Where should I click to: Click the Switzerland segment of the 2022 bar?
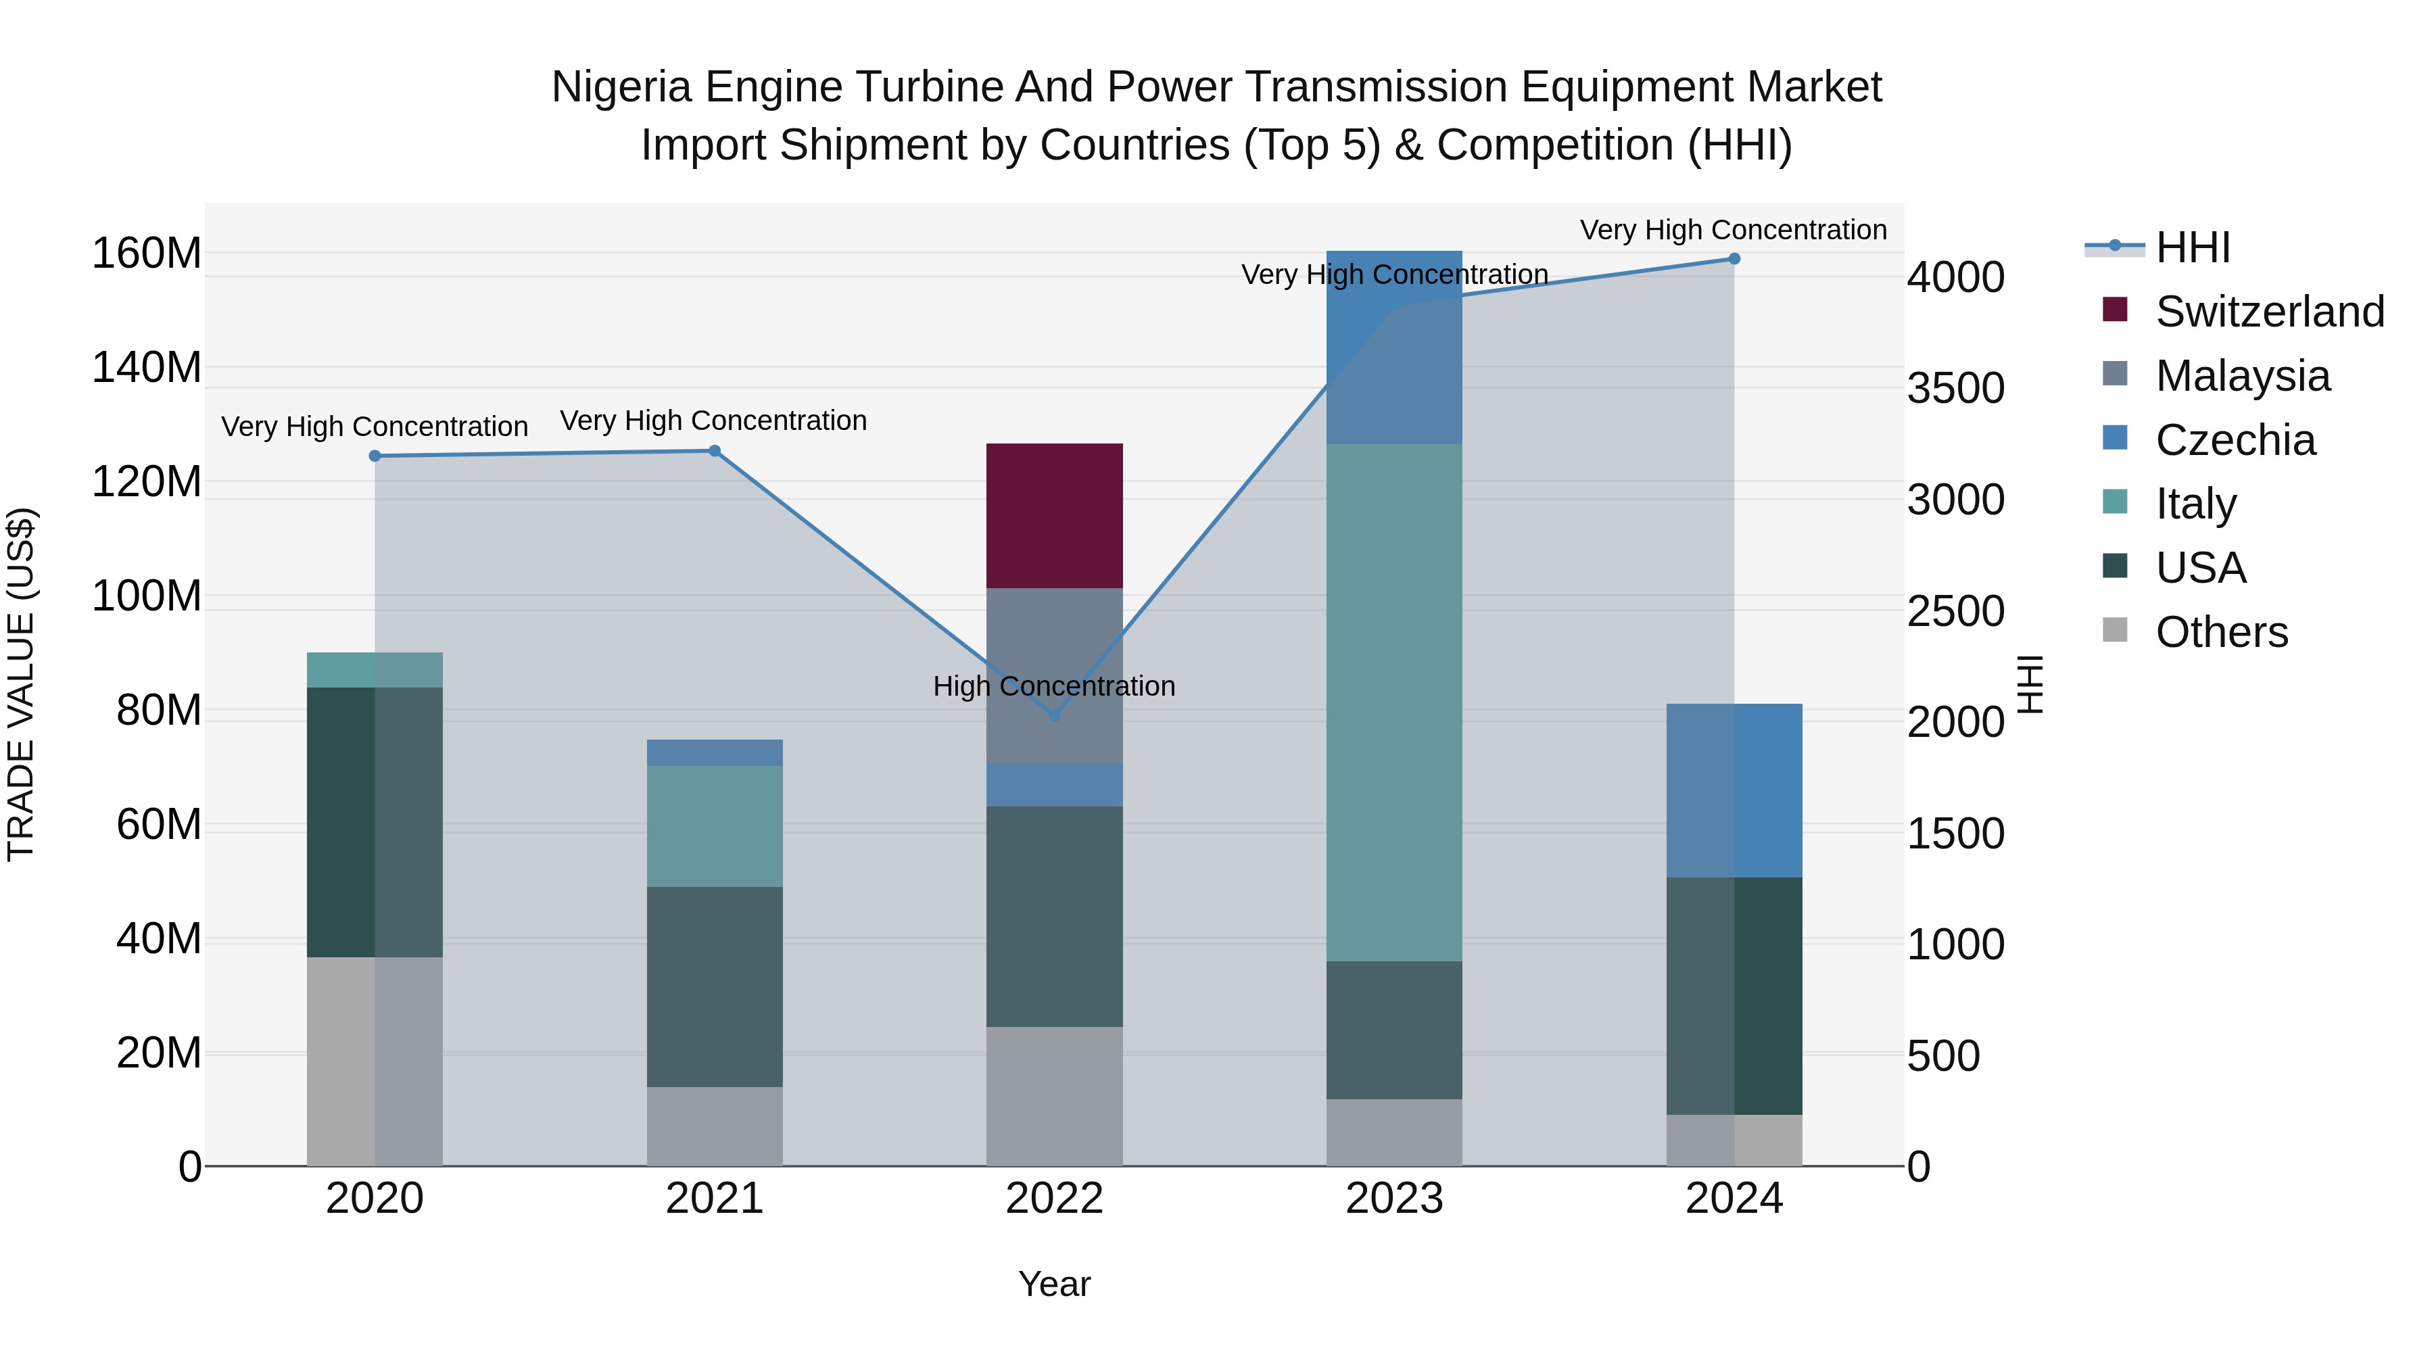click(1055, 516)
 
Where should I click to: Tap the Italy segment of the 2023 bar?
click(1395, 703)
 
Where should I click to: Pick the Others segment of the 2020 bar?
click(375, 1062)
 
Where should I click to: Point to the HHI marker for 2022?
click(1055, 716)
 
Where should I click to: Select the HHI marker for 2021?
click(715, 451)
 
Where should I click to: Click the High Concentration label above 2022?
click(1055, 686)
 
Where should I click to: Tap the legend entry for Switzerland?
click(2270, 312)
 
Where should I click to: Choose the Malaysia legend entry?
click(2242, 376)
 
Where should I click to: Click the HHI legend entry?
click(2192, 247)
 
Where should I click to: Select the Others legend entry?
click(2222, 632)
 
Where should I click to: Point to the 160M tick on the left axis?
click(147, 254)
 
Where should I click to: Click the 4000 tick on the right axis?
click(1955, 278)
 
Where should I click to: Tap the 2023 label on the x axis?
click(1395, 1199)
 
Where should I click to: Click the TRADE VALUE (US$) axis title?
click(21, 684)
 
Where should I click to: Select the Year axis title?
click(1055, 1284)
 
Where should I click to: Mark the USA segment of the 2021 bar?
click(715, 986)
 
